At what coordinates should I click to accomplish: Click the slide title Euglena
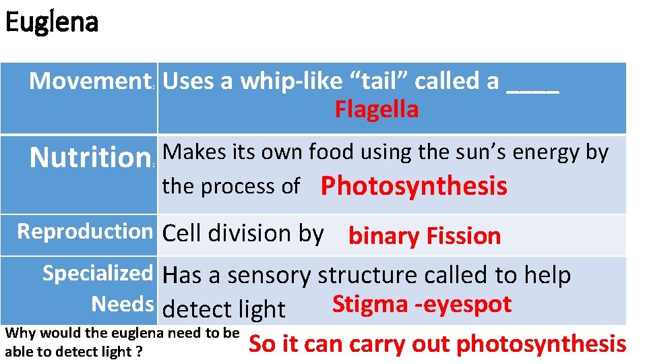point(51,22)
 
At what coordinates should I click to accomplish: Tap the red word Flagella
point(377,109)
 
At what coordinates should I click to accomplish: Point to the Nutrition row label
point(89,158)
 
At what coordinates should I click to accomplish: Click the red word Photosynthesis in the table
point(414,186)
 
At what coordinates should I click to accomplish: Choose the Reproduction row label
point(85,231)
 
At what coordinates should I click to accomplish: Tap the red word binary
point(382,236)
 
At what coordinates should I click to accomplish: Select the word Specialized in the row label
point(98,273)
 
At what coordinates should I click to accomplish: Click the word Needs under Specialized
point(123,304)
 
